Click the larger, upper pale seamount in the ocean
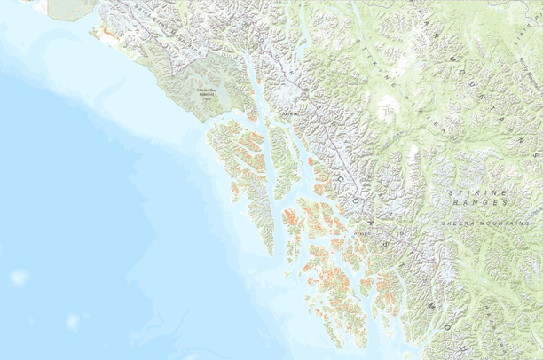(19, 278)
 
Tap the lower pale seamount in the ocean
(73, 322)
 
